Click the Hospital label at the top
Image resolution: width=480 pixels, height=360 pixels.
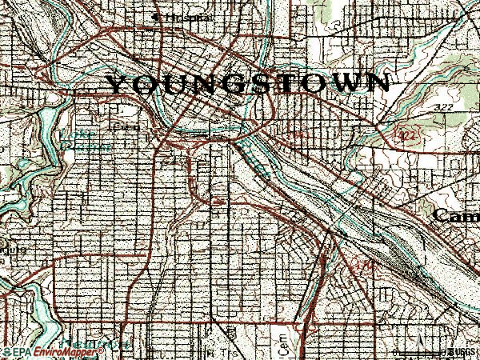pyautogui.click(x=174, y=17)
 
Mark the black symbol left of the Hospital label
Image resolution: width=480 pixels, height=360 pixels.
pyautogui.click(x=155, y=16)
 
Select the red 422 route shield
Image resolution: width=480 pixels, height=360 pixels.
pyautogui.click(x=406, y=137)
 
